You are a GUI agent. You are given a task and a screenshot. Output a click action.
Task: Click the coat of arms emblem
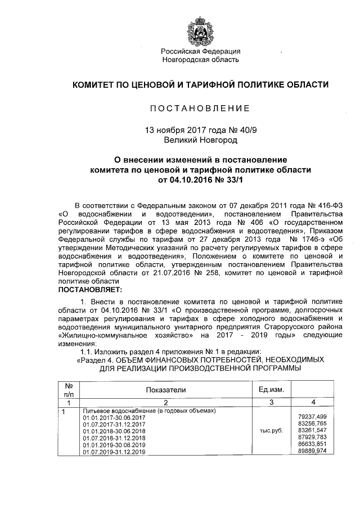(x=201, y=32)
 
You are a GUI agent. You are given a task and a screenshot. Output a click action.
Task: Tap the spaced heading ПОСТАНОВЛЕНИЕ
(x=200, y=107)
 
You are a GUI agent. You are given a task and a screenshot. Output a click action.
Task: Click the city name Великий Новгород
(x=200, y=138)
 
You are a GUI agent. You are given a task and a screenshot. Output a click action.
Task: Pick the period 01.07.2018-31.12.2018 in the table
(x=114, y=438)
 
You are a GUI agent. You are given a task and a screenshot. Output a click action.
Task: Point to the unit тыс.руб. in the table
(x=270, y=430)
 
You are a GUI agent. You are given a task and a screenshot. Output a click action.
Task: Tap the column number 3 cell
(x=271, y=403)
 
